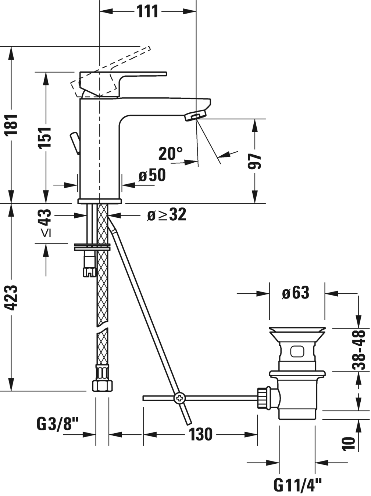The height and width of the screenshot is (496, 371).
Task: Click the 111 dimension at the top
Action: click(x=147, y=11)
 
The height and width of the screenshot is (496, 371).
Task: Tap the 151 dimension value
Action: click(x=45, y=137)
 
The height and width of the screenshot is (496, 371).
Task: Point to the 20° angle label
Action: click(x=171, y=153)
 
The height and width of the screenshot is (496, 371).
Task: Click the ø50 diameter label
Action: click(x=152, y=175)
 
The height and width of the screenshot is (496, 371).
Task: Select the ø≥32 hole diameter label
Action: click(x=167, y=215)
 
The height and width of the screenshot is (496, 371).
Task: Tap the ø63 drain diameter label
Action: click(x=296, y=293)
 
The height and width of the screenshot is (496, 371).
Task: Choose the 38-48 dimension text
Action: click(x=358, y=349)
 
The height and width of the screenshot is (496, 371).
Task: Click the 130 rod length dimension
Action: click(x=200, y=434)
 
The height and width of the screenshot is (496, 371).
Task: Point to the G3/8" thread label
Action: click(x=58, y=425)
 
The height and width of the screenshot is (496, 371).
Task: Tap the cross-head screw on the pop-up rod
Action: click(x=180, y=398)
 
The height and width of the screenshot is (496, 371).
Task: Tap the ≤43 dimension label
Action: click(x=46, y=222)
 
